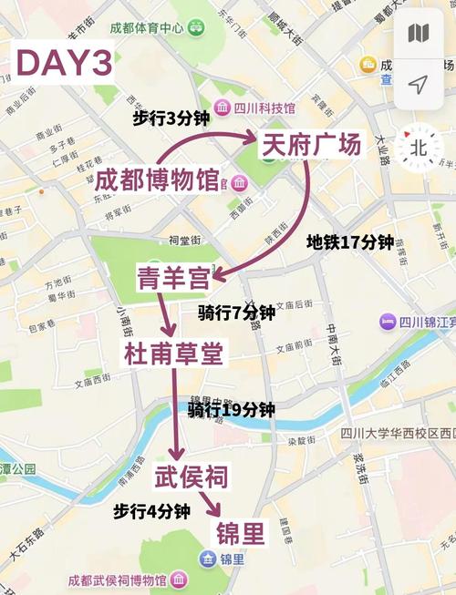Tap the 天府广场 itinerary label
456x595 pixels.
point(314,147)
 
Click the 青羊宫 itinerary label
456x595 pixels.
point(173,278)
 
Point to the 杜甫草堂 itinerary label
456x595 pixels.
point(173,354)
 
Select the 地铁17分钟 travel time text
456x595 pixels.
point(349,242)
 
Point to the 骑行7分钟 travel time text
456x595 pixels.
point(236,313)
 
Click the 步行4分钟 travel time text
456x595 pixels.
point(151,511)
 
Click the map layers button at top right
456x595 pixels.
point(419,35)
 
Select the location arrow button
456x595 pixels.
point(419,85)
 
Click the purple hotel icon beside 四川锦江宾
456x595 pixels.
point(389,321)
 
